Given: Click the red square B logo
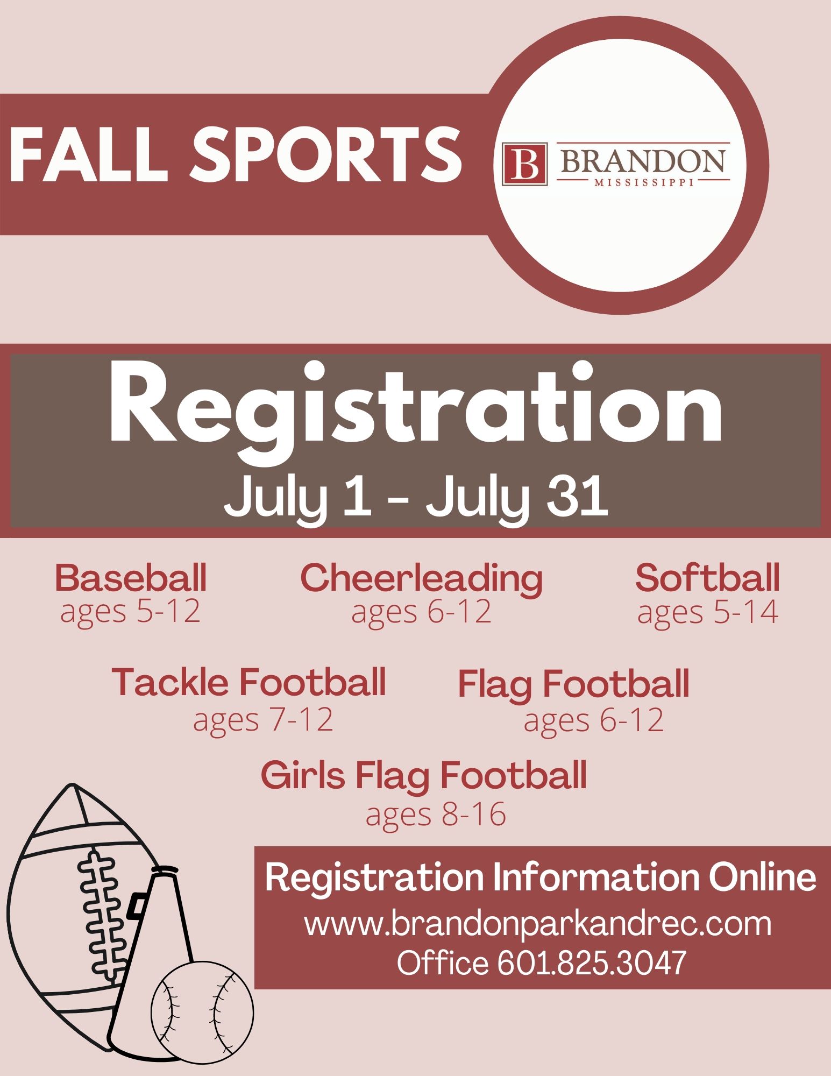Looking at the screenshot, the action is click(524, 164).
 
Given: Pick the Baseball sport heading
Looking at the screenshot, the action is click(131, 578).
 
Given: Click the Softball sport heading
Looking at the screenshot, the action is click(707, 578).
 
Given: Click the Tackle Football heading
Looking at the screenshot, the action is click(249, 682).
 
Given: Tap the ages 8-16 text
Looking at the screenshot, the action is click(436, 815).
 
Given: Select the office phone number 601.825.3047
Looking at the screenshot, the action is click(592, 962).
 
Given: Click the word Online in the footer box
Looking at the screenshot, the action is click(762, 877).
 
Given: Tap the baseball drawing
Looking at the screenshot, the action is click(202, 1012).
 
